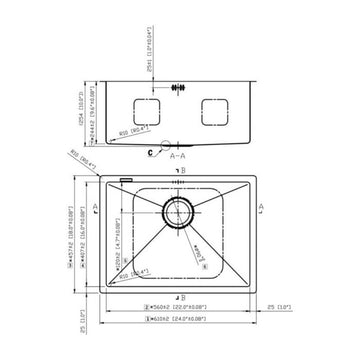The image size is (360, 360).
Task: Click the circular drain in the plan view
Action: [x=180, y=212]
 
